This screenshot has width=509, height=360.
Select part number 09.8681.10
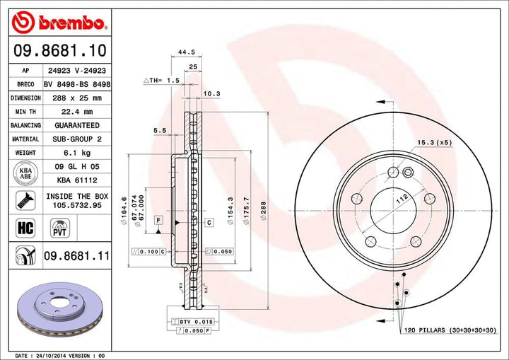coord(59,50)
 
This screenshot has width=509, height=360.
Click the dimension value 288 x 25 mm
coord(77,98)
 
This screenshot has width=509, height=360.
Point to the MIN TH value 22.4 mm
coord(78,112)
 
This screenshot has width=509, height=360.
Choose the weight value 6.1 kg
coord(77,153)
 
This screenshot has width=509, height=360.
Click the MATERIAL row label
coord(25,139)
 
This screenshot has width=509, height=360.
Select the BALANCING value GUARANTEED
coord(77,125)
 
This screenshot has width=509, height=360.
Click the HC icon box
coord(25,226)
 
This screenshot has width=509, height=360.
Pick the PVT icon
coord(59,226)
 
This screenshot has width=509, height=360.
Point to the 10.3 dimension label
coord(211,93)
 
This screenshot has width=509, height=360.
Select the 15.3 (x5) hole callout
coord(434,142)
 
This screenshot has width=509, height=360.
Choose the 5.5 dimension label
coord(159,130)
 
